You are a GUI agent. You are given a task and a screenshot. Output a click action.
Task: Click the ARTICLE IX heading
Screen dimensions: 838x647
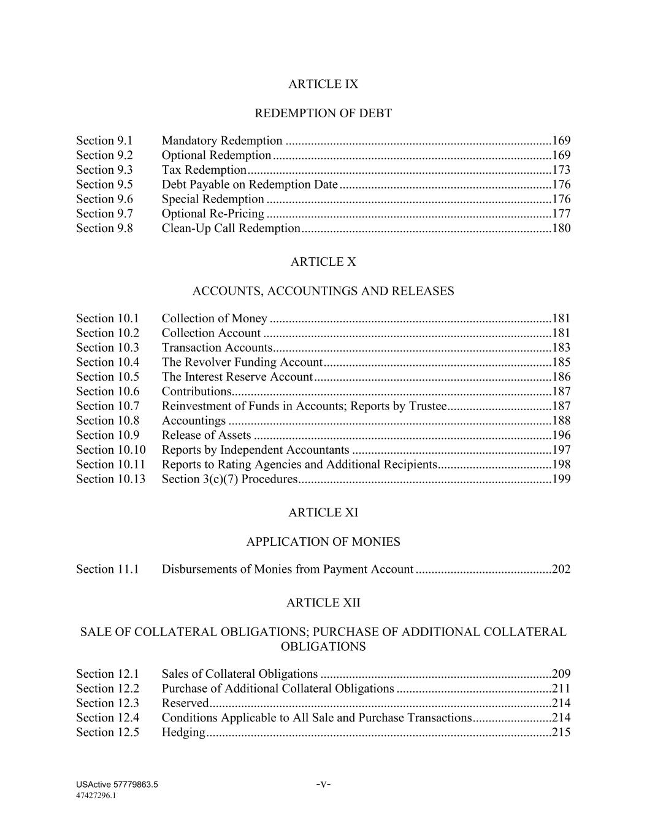(323, 84)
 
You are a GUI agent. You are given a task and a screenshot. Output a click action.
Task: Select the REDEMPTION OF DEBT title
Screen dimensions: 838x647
(323, 114)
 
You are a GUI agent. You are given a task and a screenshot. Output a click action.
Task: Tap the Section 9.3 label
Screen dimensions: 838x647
(104, 170)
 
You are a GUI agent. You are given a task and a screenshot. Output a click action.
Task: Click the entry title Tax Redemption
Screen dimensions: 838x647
(204, 170)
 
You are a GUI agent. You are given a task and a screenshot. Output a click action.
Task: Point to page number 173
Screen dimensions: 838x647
(561, 170)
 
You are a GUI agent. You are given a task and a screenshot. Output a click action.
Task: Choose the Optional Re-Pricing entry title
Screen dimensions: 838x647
(213, 214)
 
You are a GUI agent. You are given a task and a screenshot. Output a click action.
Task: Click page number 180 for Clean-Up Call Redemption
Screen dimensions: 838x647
(561, 228)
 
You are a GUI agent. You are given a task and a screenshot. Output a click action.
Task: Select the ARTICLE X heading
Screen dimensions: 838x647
(323, 262)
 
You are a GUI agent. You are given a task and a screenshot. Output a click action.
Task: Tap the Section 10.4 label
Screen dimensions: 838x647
(107, 362)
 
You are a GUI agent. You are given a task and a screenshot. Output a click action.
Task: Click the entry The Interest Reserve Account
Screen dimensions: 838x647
(237, 377)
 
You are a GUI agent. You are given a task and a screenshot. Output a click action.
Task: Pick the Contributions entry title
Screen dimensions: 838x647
(196, 392)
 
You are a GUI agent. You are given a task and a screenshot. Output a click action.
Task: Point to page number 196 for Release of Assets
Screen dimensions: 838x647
(561, 435)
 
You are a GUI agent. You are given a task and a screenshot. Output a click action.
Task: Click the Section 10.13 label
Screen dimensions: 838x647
(111, 479)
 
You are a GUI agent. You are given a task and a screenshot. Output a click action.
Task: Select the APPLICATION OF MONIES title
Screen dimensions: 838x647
(323, 542)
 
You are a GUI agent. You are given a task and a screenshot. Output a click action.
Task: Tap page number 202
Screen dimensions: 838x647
(561, 569)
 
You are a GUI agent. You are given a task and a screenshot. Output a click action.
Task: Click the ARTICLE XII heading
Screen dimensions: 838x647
(323, 603)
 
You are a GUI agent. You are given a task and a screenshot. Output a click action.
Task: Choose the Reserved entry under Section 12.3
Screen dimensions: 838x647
(185, 703)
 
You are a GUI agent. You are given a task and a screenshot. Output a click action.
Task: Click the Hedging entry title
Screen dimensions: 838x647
(183, 732)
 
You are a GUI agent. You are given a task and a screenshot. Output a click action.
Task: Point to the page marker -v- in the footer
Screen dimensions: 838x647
(323, 784)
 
